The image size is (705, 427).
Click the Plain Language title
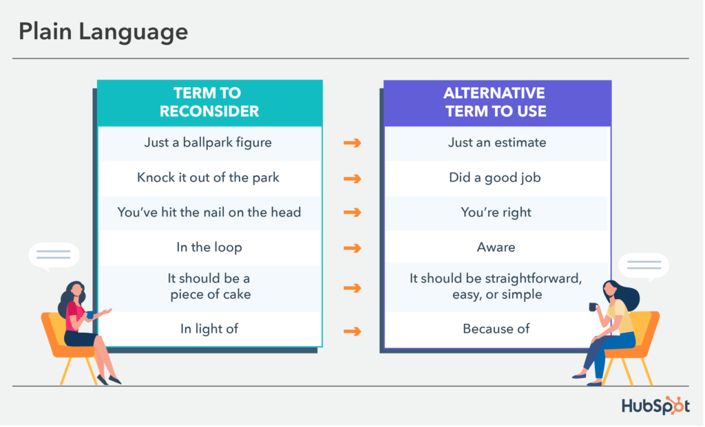pos(103,32)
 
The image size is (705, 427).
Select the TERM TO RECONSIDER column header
pos(209,102)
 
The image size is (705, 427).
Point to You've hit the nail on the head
pos(209,212)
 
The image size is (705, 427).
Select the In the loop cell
pos(209,248)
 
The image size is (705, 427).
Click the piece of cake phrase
pos(211,294)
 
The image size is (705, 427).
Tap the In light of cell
pos(209,329)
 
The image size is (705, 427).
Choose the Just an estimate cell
pos(497,143)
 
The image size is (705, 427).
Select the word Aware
pos(496,248)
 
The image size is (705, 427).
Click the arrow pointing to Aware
pos(352,248)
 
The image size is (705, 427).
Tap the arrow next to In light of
pos(352,331)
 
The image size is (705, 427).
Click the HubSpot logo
pos(655,406)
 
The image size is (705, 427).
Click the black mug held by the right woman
pos(593,307)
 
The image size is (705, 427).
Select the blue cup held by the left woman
pos(90,315)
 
